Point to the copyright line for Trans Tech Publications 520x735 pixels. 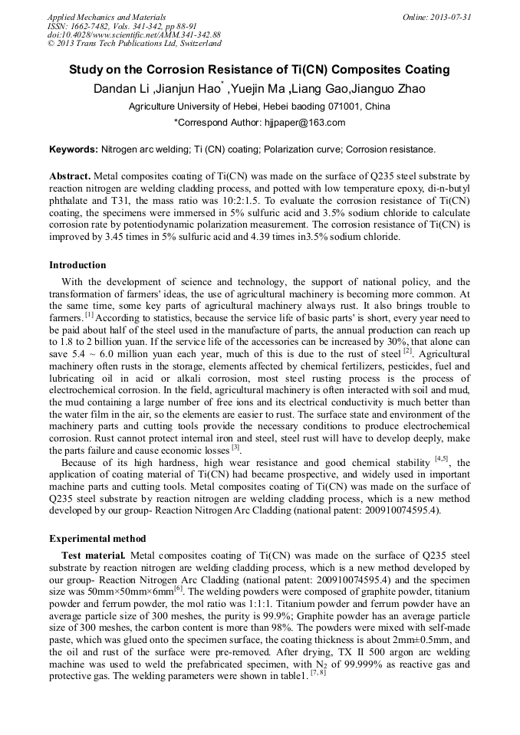(134, 44)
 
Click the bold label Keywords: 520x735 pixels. (74, 149)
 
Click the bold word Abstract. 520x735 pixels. (70, 176)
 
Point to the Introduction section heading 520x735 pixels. (79, 265)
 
